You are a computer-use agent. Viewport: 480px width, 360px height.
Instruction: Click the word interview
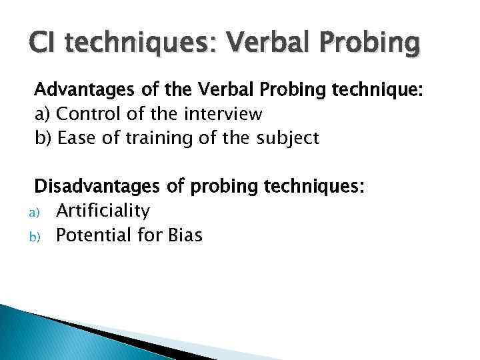pyautogui.click(x=223, y=114)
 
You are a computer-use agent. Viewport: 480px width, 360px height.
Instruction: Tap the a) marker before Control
pyautogui.click(x=43, y=115)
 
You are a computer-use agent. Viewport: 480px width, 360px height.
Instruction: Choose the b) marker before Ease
pyautogui.click(x=44, y=139)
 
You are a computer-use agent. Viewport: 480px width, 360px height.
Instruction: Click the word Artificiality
pyautogui.click(x=103, y=211)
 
